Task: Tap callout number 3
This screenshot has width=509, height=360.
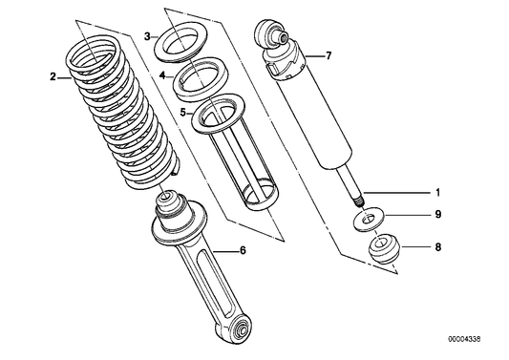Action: tap(148, 35)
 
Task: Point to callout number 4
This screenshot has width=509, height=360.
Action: tap(163, 74)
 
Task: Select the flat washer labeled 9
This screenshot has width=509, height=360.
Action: tap(364, 221)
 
